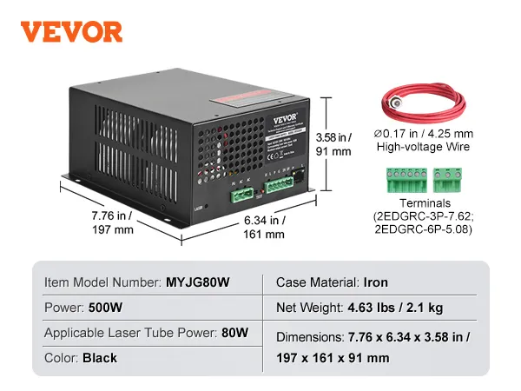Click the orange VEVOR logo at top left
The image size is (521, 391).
(x=72, y=31)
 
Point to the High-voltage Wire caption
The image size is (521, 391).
(x=423, y=148)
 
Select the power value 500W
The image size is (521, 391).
(x=106, y=308)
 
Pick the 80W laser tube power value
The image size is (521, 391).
(x=234, y=333)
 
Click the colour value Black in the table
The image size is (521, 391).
(x=100, y=357)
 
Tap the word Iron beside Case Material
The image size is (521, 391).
(x=376, y=282)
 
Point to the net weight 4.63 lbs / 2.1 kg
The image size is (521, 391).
(x=411, y=308)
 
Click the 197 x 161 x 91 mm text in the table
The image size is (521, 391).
(x=333, y=357)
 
